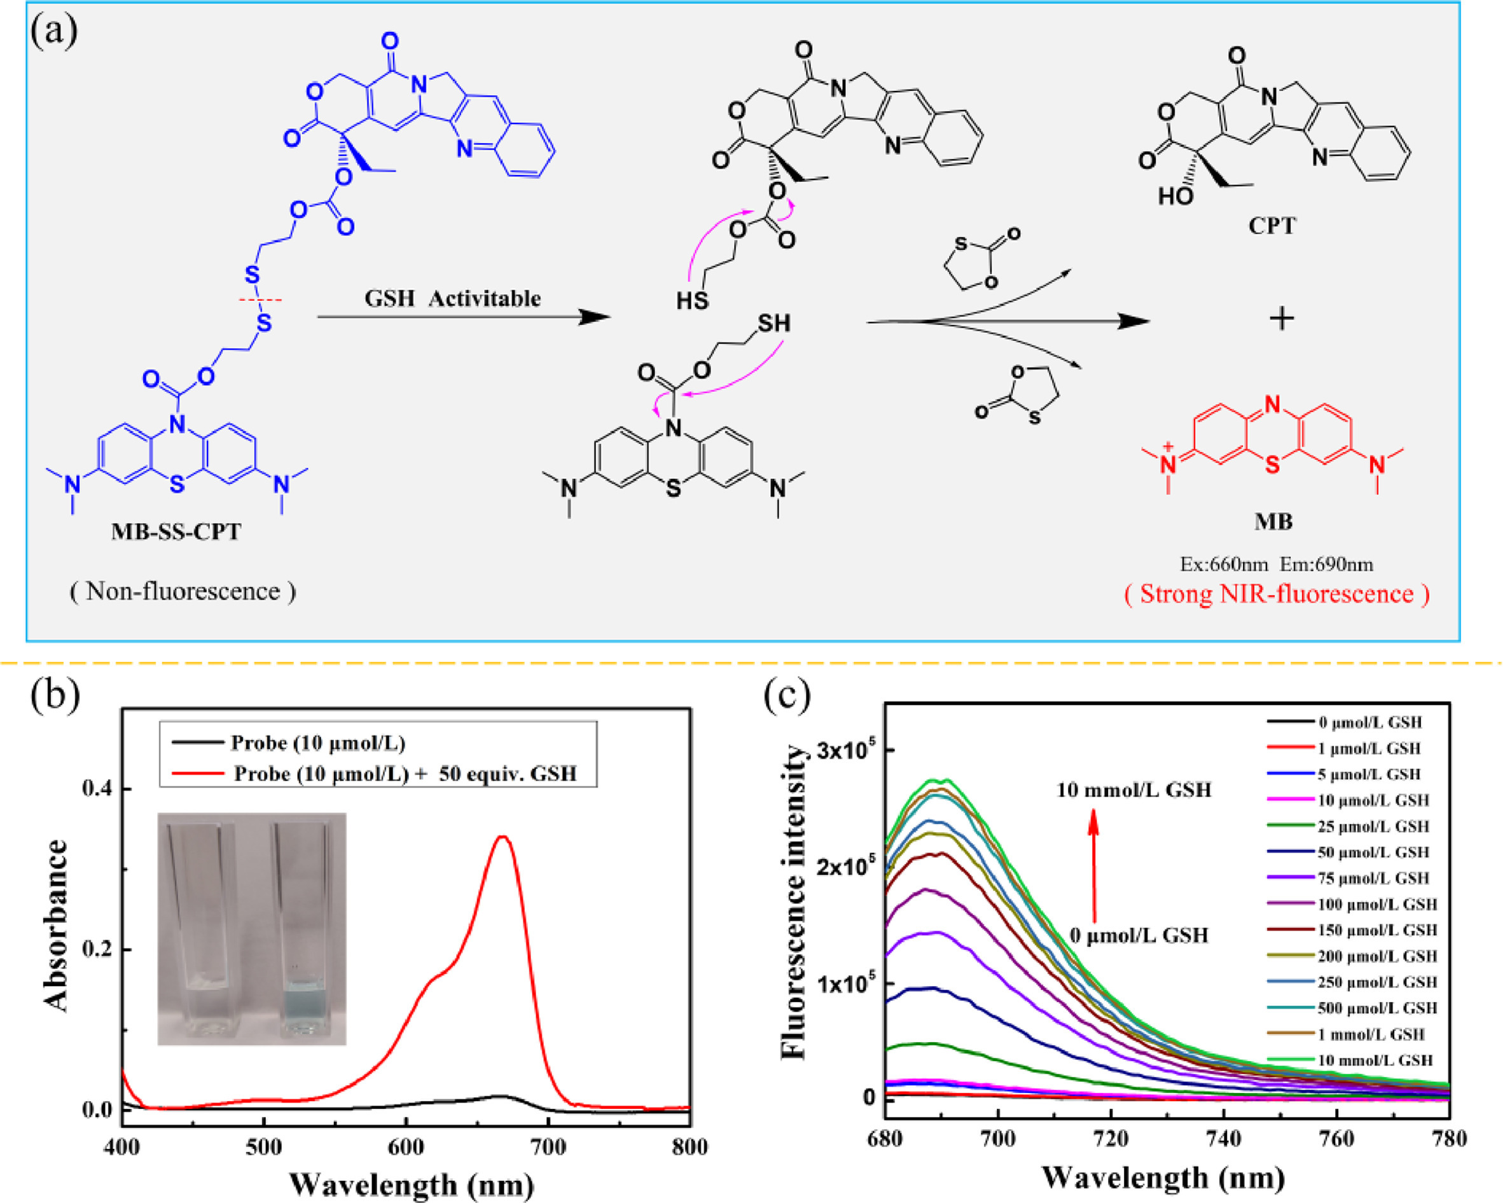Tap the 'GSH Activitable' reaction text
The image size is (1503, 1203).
click(x=452, y=298)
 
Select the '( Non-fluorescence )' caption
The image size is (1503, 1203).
click(x=183, y=592)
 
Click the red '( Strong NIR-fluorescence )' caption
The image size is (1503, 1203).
click(x=1277, y=594)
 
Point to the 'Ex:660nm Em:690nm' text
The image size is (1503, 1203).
click(x=1276, y=564)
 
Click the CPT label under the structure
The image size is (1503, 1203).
click(x=1271, y=226)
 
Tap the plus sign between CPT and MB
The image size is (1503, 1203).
click(x=1281, y=319)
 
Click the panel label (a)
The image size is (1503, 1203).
click(x=53, y=31)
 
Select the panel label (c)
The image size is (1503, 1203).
click(x=787, y=695)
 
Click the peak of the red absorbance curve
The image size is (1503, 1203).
click(x=502, y=837)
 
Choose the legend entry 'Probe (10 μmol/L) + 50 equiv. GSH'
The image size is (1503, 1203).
click(x=405, y=774)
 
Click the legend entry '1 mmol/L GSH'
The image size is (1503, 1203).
click(x=1371, y=1034)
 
